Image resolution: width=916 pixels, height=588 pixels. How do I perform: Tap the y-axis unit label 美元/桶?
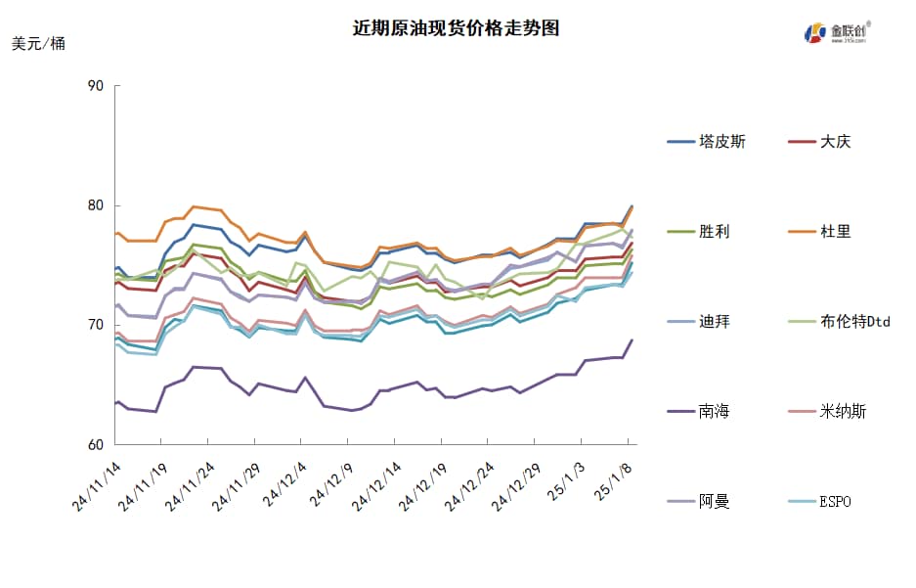(39, 44)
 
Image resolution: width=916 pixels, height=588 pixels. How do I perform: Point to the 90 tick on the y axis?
(96, 86)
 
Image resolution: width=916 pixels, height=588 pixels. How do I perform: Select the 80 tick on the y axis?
(96, 205)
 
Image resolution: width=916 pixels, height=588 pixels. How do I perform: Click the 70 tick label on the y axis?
(96, 325)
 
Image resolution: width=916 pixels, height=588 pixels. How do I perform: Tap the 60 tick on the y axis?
(96, 445)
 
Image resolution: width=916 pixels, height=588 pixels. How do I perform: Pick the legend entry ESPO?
(835, 502)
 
